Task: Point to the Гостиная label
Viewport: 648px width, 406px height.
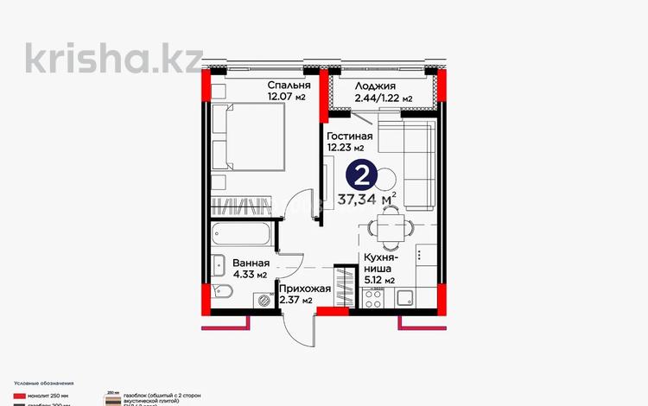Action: tap(349, 136)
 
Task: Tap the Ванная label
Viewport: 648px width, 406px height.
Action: tap(248, 263)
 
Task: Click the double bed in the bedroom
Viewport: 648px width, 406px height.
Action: tap(252, 143)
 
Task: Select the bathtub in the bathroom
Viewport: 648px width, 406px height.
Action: tap(243, 234)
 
